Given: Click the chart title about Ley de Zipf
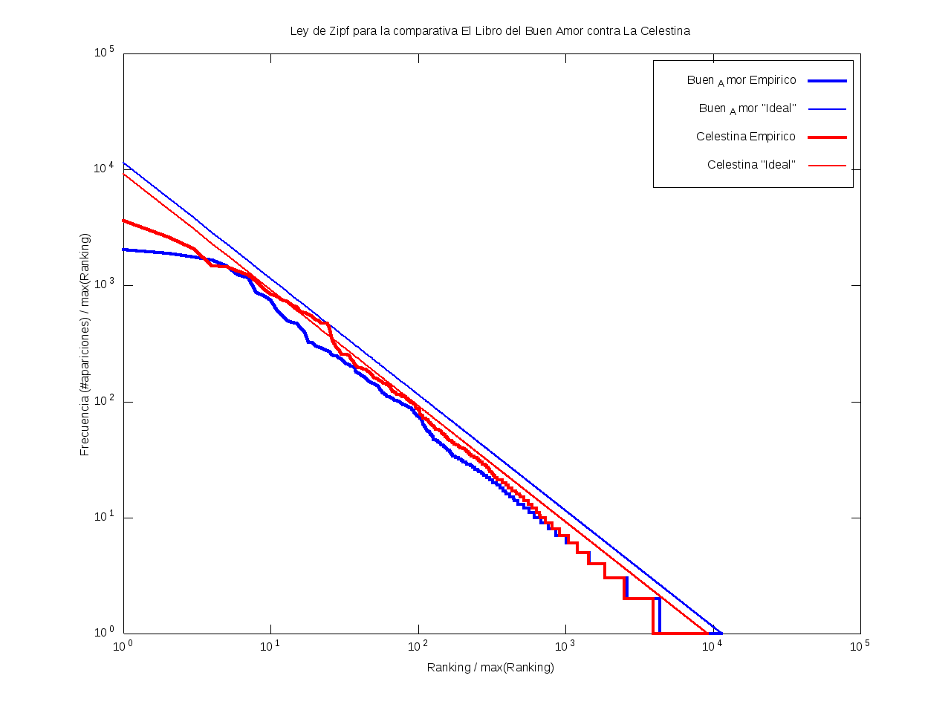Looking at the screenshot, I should point(490,31).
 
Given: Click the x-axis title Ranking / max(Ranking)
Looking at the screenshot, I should point(490,667).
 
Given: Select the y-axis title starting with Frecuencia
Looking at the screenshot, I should point(85,345).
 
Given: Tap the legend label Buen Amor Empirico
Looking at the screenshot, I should point(741,80).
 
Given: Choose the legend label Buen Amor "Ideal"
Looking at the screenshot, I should point(747,108).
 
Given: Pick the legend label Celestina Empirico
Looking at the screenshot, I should point(746,137).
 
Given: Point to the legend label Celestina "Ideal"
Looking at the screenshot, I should point(751,165).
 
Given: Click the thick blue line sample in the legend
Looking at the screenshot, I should point(827,80).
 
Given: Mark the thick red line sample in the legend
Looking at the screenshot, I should point(827,137).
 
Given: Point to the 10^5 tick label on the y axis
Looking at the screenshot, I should point(104,53).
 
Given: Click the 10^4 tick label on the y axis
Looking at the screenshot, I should point(104,169).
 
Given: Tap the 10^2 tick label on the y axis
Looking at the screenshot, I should point(104,401).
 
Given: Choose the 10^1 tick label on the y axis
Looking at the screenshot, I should point(104,517).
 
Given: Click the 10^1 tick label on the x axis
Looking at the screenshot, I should point(270,646).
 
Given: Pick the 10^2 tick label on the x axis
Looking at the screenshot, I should point(418,646).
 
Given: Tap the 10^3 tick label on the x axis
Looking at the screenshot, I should point(565,646).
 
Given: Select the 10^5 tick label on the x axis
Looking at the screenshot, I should point(860,646).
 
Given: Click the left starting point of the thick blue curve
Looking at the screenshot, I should point(124,250).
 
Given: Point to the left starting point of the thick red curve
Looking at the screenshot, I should point(124,221).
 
